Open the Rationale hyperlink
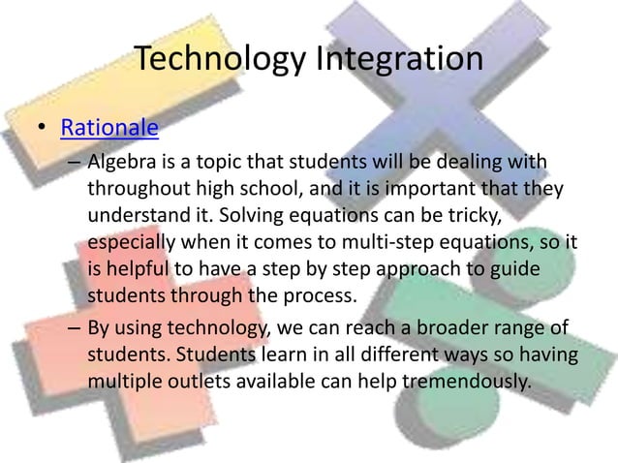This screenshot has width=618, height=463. [x=109, y=129]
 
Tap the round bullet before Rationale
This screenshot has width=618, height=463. [x=42, y=130]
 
